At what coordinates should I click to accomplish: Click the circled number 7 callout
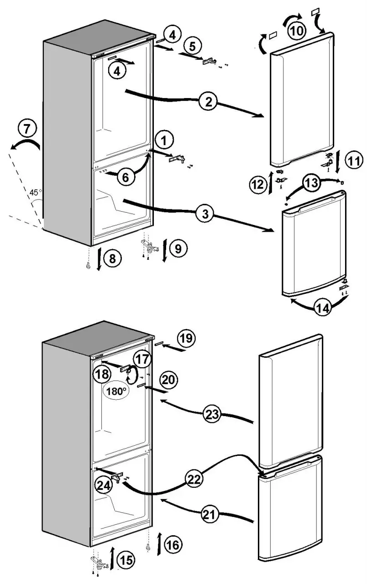click(26, 129)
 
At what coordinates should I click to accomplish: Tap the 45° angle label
click(35, 193)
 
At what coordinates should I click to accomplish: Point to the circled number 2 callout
click(208, 102)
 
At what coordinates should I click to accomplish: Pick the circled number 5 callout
click(192, 46)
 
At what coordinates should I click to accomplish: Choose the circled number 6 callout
click(126, 177)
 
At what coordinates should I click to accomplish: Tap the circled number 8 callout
click(112, 259)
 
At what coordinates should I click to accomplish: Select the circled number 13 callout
click(311, 184)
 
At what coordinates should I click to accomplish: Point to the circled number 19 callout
click(185, 339)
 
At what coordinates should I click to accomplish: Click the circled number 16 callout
click(173, 544)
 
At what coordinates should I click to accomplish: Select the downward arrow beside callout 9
click(165, 250)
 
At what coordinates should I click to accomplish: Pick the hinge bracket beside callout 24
click(121, 476)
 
